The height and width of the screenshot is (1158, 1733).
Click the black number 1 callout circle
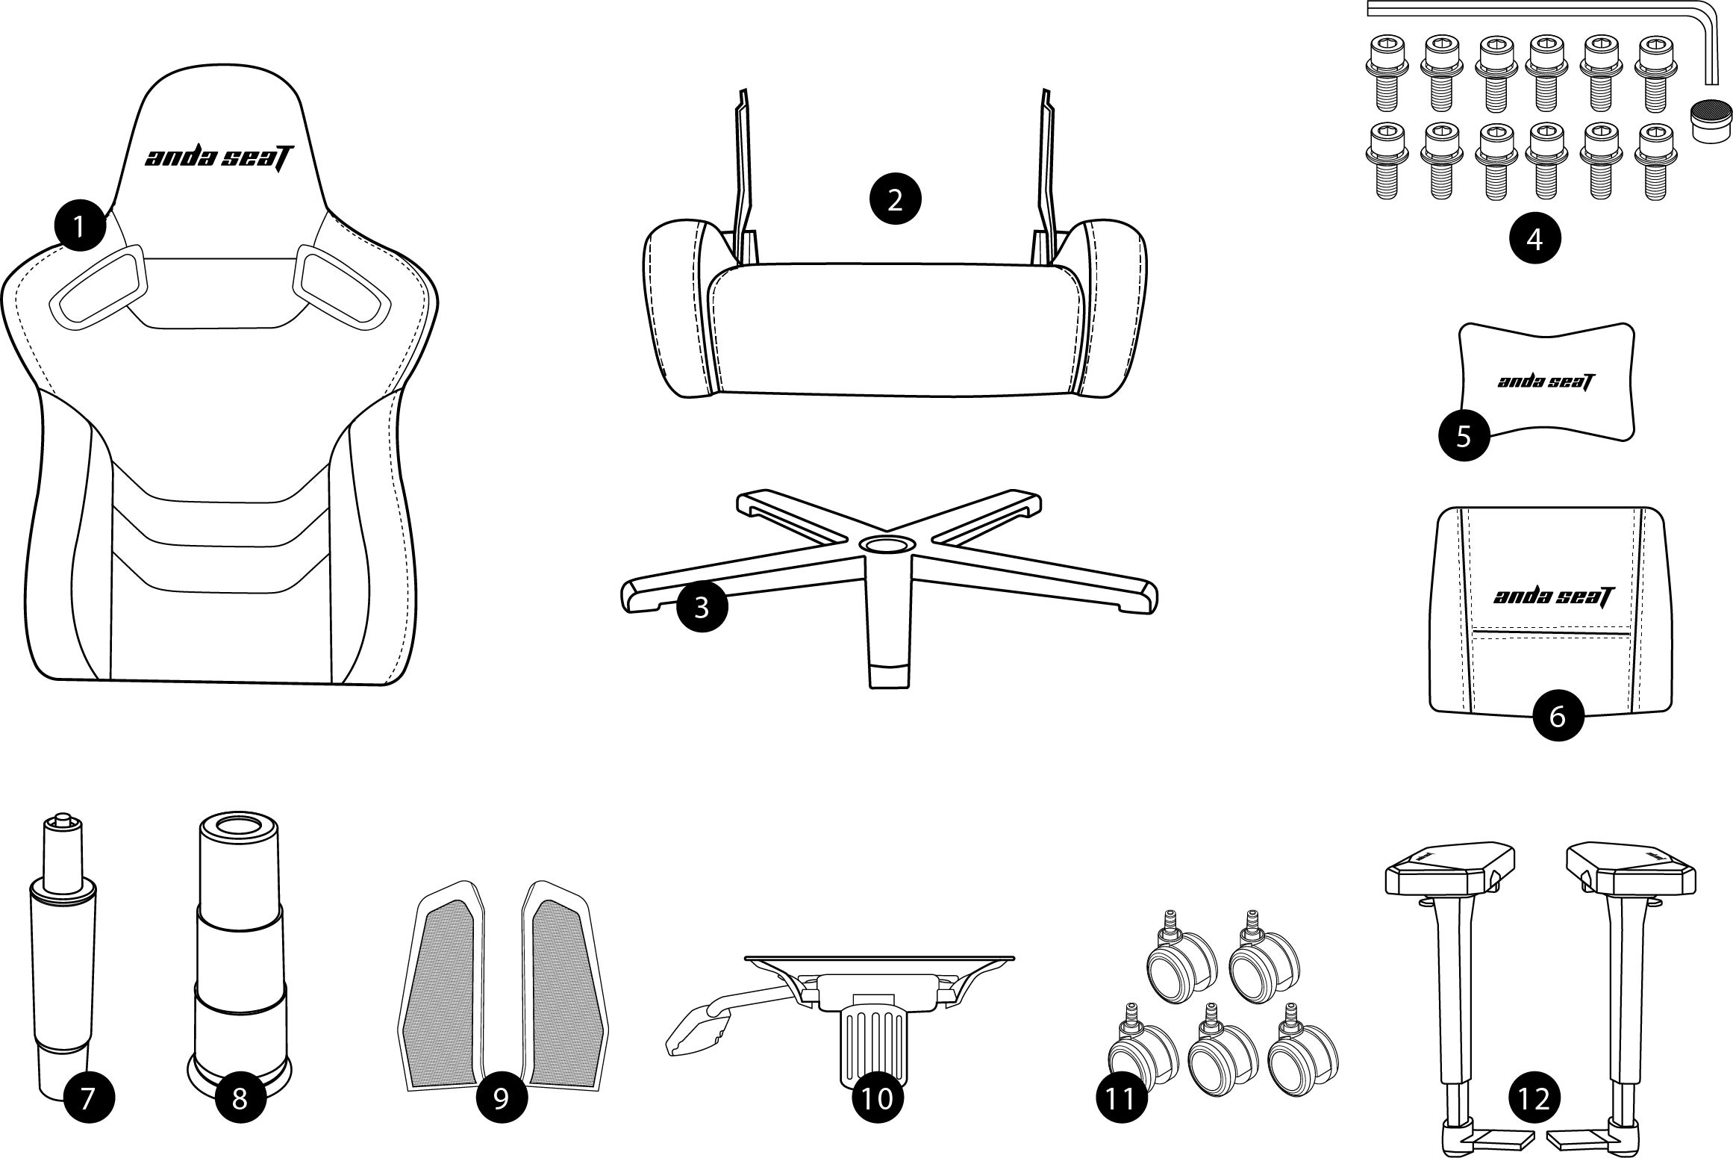point(80,223)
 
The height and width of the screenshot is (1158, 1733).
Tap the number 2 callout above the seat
point(895,199)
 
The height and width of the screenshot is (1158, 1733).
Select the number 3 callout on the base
point(702,607)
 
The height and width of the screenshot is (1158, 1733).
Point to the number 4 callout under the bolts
point(1534,238)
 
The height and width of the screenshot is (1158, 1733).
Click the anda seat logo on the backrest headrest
point(219,158)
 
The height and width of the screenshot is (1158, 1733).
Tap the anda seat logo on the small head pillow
point(1546,382)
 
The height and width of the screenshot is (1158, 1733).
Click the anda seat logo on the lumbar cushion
point(1552,596)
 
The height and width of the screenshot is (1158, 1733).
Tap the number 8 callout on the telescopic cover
point(240,1098)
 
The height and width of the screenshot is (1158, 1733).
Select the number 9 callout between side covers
point(502,1098)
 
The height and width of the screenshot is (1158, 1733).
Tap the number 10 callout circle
point(877,1098)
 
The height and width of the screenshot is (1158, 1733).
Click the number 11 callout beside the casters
point(1121,1098)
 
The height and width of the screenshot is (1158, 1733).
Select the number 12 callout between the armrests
point(1534,1098)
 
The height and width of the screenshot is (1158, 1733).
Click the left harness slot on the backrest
point(99,287)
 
